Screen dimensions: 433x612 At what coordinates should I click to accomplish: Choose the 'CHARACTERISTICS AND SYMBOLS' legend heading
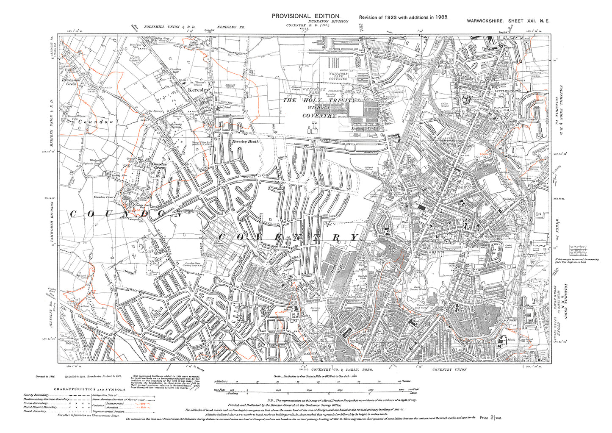[89, 389]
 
